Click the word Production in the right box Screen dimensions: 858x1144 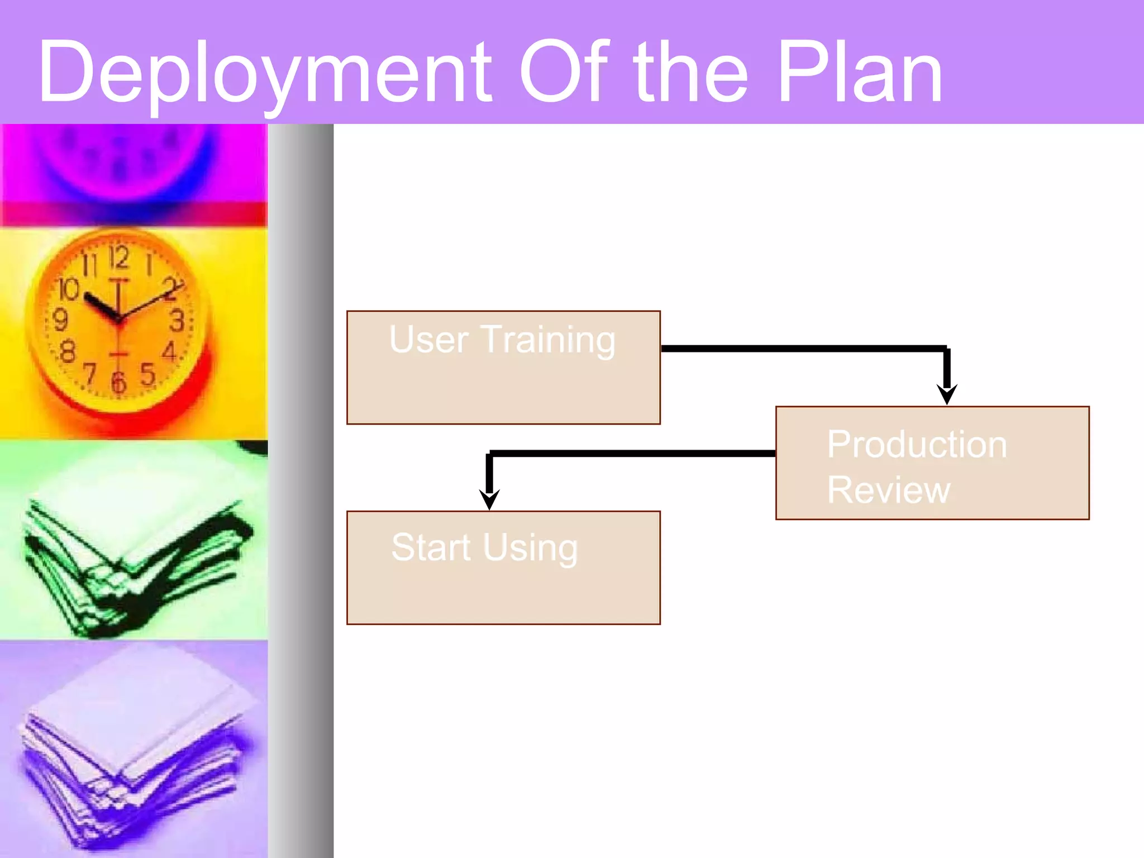point(917,445)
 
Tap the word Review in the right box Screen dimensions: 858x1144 point(888,490)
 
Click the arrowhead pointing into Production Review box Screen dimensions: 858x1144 point(947,394)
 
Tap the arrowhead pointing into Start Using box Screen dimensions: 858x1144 point(489,499)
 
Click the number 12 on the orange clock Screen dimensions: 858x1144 point(119,258)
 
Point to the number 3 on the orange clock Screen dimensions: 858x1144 point(177,321)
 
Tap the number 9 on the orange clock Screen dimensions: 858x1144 point(60,320)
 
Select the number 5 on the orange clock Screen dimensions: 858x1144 point(147,374)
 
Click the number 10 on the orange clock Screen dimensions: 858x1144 point(69,289)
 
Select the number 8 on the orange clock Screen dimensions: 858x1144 point(68,352)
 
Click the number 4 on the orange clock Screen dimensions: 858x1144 point(169,351)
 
